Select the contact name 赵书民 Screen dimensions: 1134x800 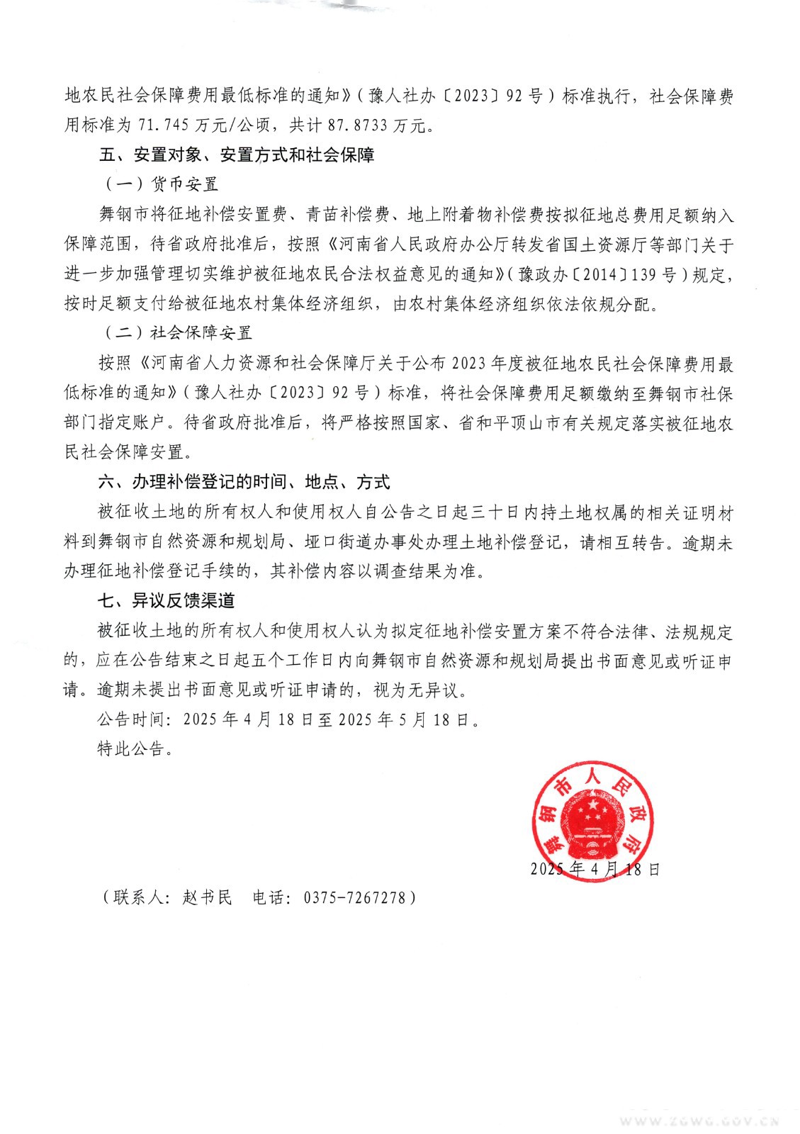click(208, 897)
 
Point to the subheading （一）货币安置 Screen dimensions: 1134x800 click(162, 184)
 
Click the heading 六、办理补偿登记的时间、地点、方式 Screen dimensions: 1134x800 click(244, 483)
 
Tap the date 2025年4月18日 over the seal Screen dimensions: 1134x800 click(595, 869)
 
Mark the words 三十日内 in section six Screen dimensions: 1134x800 click(500, 512)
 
